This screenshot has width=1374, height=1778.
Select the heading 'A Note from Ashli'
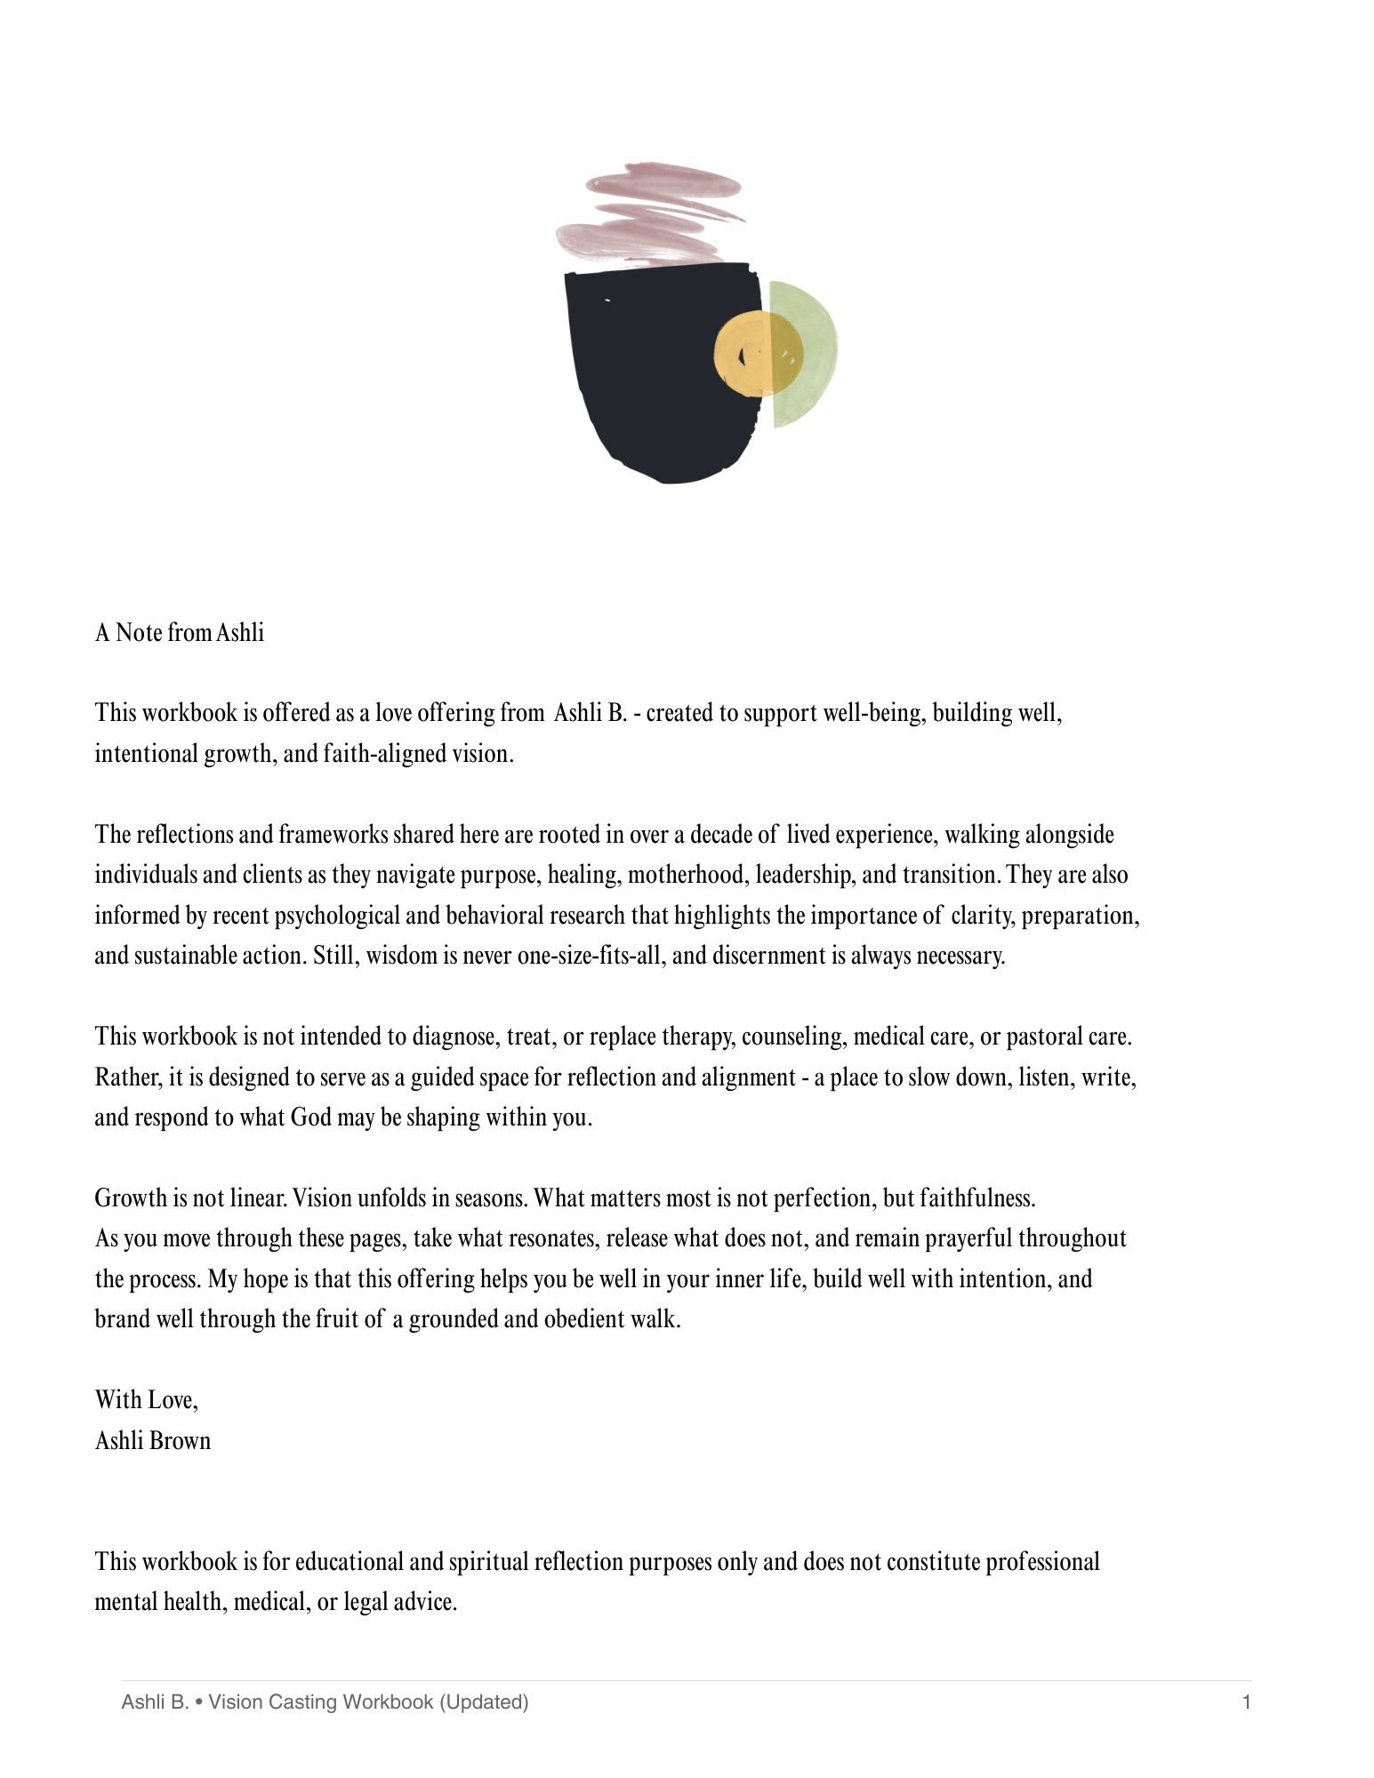180,633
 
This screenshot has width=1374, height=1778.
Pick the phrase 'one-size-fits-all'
590,956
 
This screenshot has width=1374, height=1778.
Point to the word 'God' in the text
310,1117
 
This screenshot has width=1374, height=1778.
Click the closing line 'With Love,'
147,1400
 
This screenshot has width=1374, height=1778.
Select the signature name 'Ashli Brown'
153,1440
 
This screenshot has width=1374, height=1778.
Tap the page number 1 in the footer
1247,1702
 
